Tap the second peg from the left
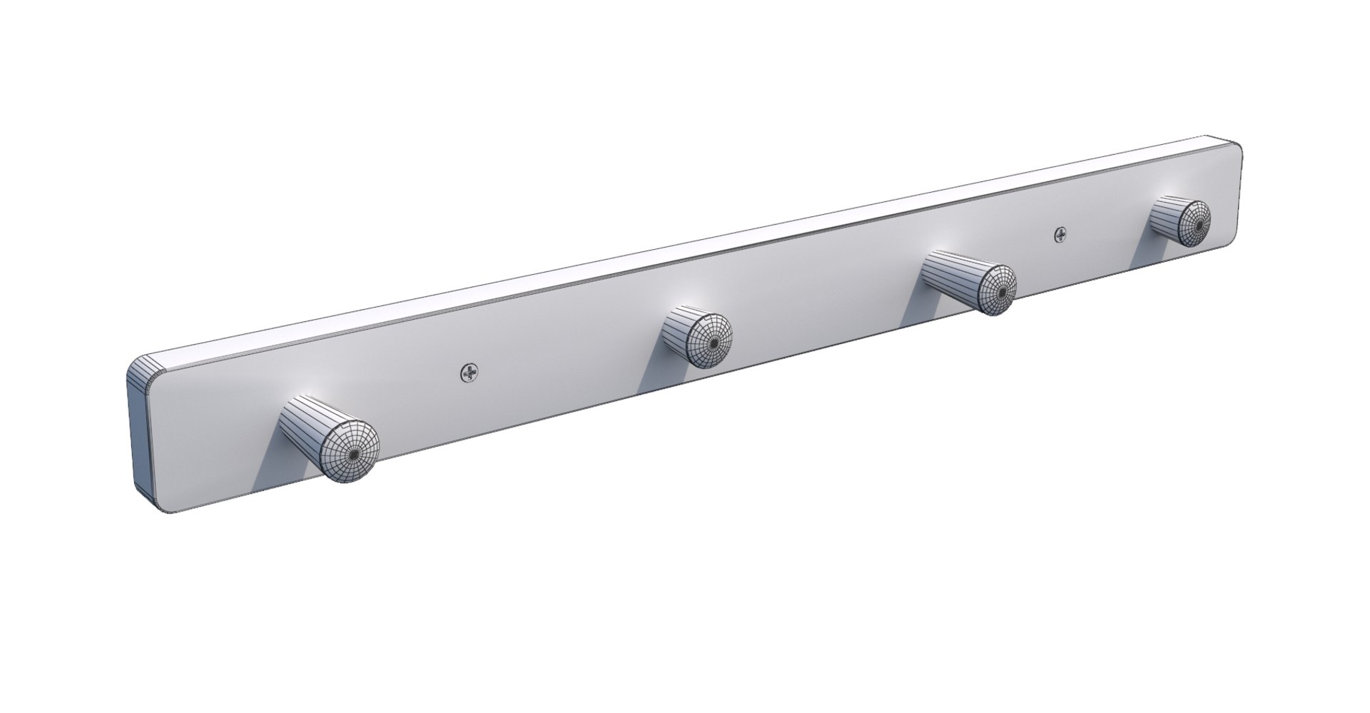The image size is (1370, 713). (x=696, y=338)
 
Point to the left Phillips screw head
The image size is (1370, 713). (x=470, y=372)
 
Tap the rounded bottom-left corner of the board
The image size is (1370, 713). (x=163, y=508)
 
